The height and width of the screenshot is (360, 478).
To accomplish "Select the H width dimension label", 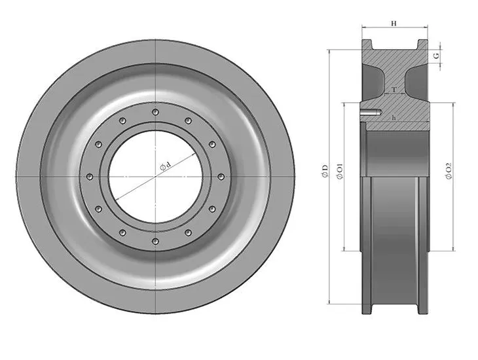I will click(394, 23).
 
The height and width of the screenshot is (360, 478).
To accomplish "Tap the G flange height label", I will click(436, 56).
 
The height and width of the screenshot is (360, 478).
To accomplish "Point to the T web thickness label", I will click(393, 89).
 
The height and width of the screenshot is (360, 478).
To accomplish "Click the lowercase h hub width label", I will click(393, 117).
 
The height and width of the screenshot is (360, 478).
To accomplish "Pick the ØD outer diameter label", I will click(325, 171).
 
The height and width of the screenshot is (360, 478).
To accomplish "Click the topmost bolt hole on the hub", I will click(155, 113).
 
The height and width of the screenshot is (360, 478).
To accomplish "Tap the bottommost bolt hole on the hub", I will click(155, 242).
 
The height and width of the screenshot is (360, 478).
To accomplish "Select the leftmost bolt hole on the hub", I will click(89, 177).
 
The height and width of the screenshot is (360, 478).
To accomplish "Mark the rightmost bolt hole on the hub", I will click(219, 177).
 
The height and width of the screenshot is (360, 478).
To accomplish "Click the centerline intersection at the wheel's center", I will click(155, 177).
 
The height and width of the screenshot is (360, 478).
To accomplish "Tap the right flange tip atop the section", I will click(421, 44).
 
